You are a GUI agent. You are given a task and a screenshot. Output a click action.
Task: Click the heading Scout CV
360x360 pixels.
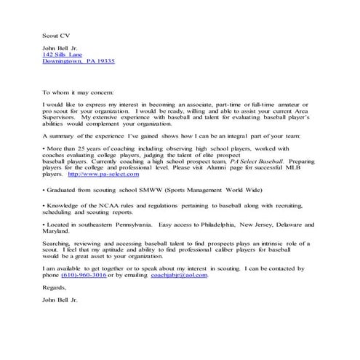[x=54, y=33]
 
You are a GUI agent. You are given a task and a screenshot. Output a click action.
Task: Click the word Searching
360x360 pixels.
[x=60, y=244]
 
